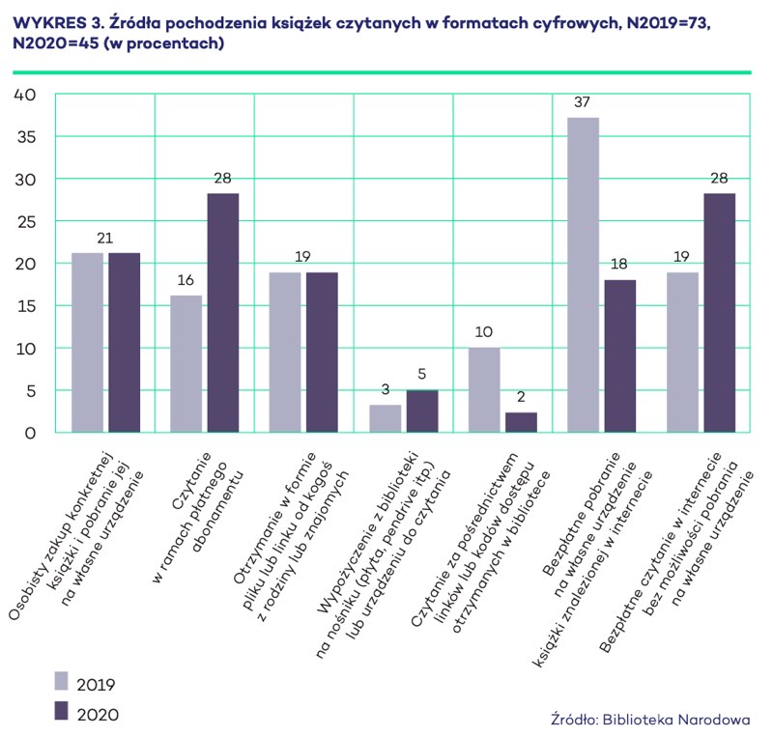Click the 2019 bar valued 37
click(x=583, y=275)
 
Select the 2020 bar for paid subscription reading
click(x=222, y=313)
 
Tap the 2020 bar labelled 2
click(x=520, y=422)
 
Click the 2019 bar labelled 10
click(x=484, y=389)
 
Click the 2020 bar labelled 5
click(x=421, y=411)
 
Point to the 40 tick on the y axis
click(x=24, y=95)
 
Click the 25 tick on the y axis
click(x=24, y=221)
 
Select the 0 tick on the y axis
click(x=30, y=433)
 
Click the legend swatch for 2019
click(x=62, y=682)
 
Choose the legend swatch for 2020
click(x=62, y=711)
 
